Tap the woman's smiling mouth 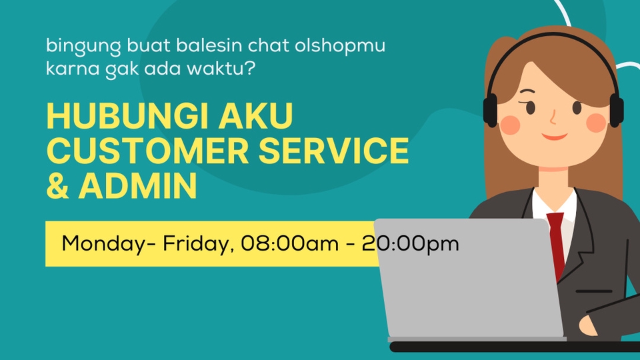pyautogui.click(x=553, y=137)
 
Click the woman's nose pyautogui.click(x=553, y=119)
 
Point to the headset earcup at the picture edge pyautogui.click(x=616, y=109)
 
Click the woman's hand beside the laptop pyautogui.click(x=590, y=325)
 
